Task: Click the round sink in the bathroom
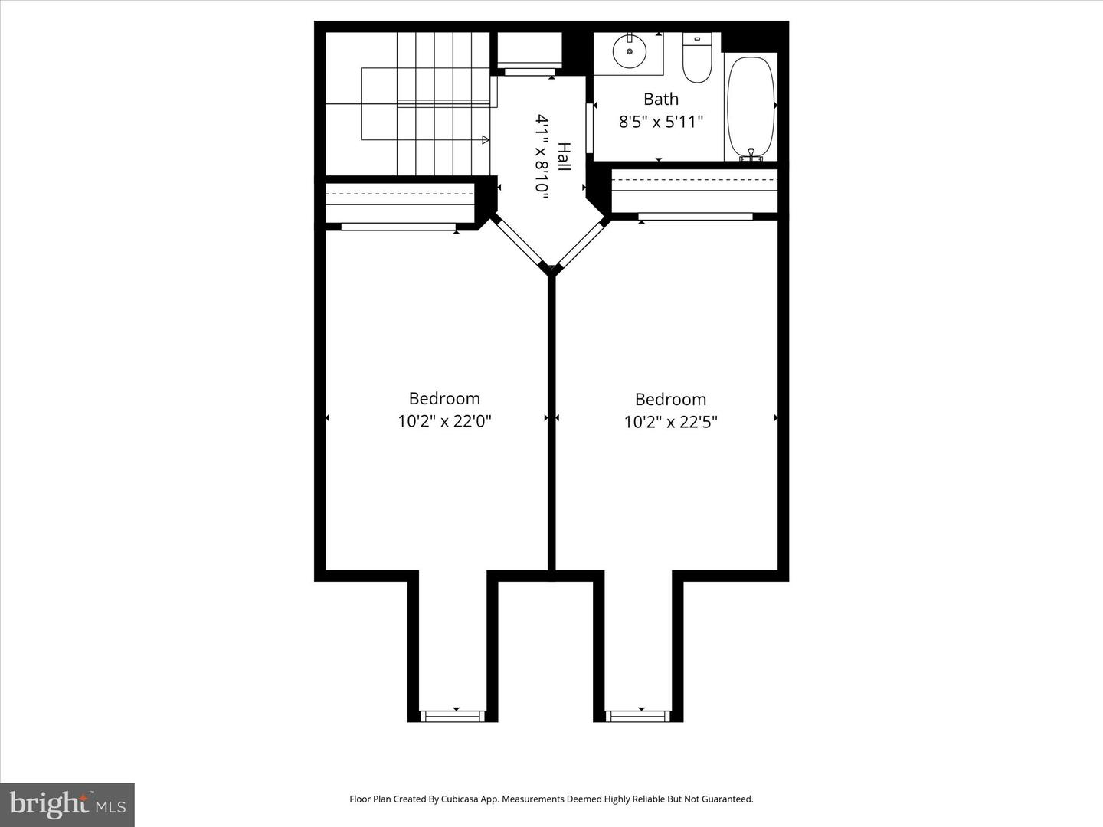tap(630, 51)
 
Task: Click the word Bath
tap(660, 100)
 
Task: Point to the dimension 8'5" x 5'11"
tap(660, 122)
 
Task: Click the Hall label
tap(563, 157)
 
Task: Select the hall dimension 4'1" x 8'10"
tap(542, 157)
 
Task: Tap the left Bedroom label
tap(444, 398)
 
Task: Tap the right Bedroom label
tap(670, 399)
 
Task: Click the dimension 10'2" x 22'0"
tap(444, 421)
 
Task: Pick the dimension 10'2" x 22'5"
tap(670, 422)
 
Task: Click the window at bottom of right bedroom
tap(638, 716)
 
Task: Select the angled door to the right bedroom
tap(582, 241)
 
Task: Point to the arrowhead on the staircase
tap(485, 139)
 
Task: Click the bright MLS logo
tap(67, 804)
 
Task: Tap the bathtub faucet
tap(751, 155)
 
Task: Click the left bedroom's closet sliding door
tap(398, 227)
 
